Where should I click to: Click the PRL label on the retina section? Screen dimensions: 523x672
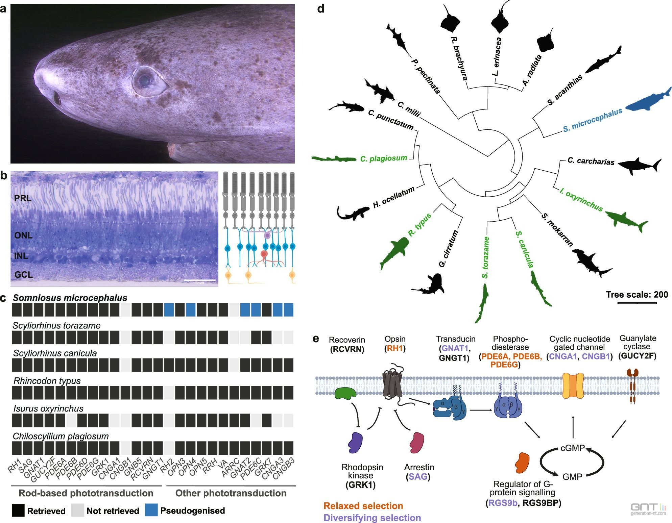23,198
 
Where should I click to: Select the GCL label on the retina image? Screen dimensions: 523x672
24,275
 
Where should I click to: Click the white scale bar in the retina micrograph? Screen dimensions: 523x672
199,280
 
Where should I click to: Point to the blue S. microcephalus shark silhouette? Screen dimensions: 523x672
647,101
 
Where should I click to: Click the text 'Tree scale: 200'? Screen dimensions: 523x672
637,295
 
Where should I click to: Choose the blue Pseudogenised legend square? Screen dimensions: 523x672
151,510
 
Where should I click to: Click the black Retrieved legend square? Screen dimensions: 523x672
18,510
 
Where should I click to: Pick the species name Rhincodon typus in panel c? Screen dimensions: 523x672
47,381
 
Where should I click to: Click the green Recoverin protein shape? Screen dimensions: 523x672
345,393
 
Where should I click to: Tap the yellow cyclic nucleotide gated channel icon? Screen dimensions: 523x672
573,385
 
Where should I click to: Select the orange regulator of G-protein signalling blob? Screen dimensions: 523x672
522,463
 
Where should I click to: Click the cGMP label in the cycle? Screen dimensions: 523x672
572,448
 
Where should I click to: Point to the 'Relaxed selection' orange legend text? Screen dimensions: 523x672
363,506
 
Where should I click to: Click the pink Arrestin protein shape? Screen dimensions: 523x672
416,443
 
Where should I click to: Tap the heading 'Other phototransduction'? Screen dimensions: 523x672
231,493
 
